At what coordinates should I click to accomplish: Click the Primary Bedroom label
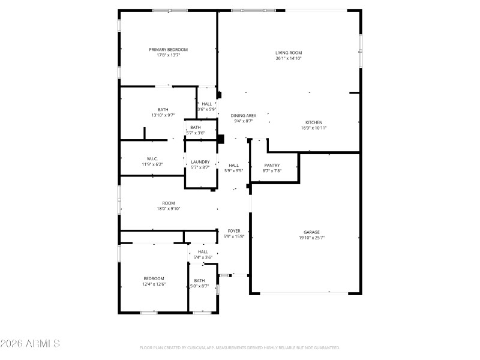[x=169, y=49]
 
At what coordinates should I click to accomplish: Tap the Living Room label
[x=289, y=53]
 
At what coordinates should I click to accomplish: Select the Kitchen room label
[x=314, y=122]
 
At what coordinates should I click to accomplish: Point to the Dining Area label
[x=244, y=115]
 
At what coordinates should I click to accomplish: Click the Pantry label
[x=272, y=165]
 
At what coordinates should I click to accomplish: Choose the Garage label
[x=311, y=232]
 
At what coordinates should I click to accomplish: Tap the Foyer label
[x=233, y=230]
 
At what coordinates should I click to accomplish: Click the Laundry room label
[x=200, y=162]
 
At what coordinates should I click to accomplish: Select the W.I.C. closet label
[x=152, y=158]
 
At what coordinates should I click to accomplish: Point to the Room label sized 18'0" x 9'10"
[x=169, y=203]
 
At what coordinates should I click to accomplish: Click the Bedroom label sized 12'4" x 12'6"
[x=154, y=278]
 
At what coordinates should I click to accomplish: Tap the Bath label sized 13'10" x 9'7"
[x=163, y=109]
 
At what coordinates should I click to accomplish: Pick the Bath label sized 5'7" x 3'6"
[x=196, y=127]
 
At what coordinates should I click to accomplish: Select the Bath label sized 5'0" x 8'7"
[x=199, y=281]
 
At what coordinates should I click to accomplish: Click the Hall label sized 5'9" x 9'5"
[x=233, y=166]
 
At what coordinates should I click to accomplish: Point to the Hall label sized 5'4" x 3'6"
[x=203, y=251]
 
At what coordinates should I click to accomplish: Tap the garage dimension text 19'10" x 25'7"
[x=311, y=238]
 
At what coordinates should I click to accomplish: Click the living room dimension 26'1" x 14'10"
[x=289, y=58]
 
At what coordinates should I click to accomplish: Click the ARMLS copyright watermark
[x=30, y=344]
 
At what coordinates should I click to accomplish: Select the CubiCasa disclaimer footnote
[x=240, y=347]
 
